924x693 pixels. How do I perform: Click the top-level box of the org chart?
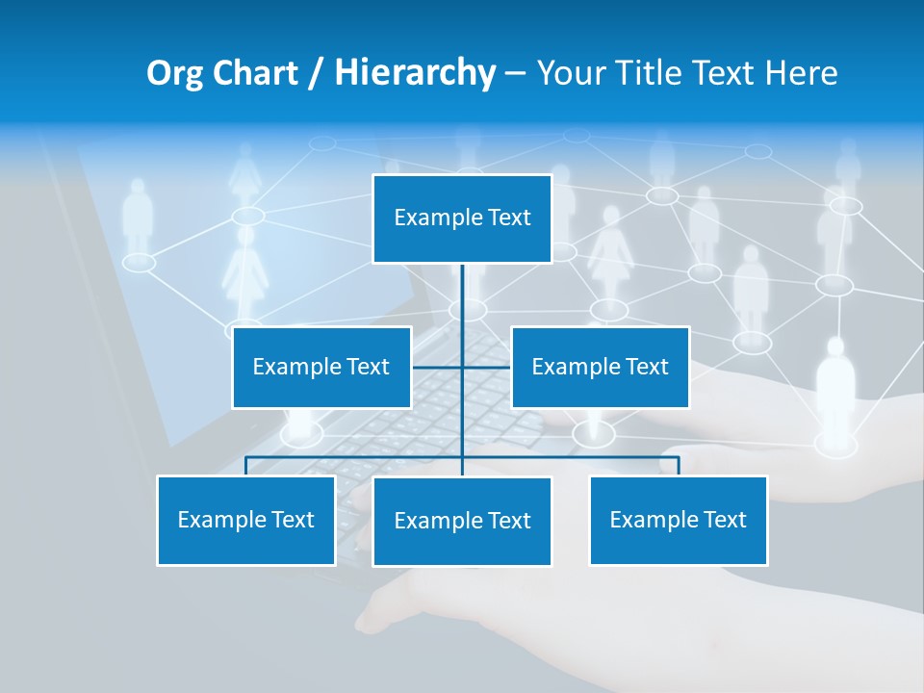[x=462, y=218]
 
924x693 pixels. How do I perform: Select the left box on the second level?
[x=321, y=367]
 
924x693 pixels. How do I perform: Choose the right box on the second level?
[x=600, y=367]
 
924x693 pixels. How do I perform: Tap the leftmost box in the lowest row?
[x=246, y=520]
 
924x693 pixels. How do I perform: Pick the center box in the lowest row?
[x=462, y=521]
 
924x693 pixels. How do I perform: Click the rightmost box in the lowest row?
[x=678, y=520]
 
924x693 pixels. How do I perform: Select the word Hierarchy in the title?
[x=415, y=73]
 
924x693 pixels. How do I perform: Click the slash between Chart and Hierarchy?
[x=318, y=73]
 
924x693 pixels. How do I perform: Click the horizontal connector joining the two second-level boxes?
[x=438, y=367]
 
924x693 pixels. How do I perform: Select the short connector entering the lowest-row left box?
[x=246, y=467]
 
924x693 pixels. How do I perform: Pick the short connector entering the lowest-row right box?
[x=679, y=467]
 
